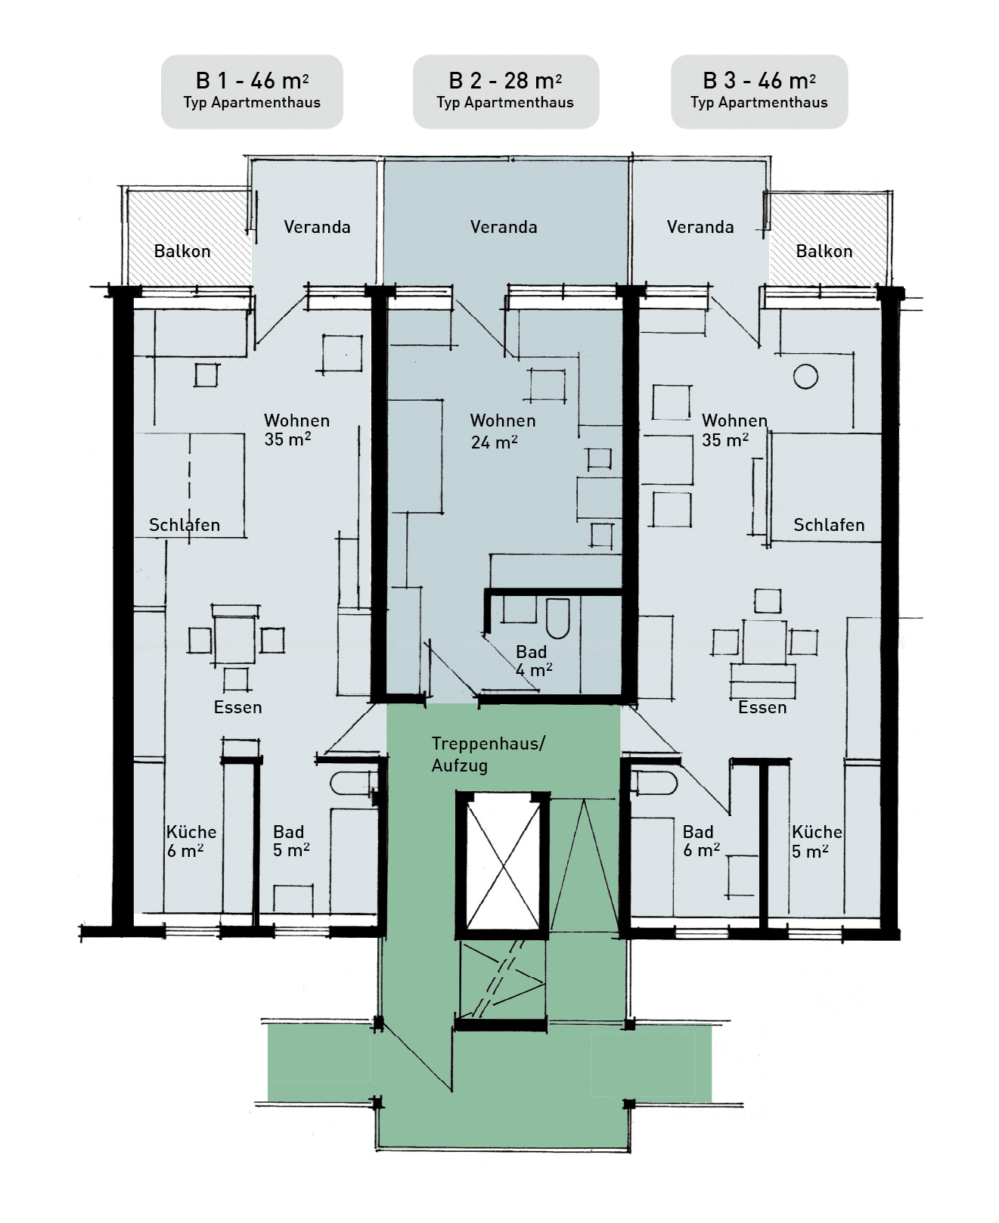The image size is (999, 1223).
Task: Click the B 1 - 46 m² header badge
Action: pyautogui.click(x=252, y=91)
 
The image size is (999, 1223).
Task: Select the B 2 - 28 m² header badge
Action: pyautogui.click(x=505, y=91)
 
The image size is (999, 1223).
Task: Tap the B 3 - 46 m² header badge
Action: pyautogui.click(x=759, y=91)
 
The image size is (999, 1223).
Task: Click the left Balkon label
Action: pyautogui.click(x=182, y=251)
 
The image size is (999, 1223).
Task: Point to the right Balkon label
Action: pyautogui.click(x=824, y=251)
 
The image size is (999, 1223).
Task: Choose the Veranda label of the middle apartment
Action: pyautogui.click(x=504, y=227)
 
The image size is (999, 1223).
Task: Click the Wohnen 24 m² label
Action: pyautogui.click(x=503, y=431)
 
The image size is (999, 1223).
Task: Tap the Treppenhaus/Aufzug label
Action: pyautogui.click(x=488, y=754)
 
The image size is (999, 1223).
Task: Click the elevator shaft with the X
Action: pyautogui.click(x=503, y=864)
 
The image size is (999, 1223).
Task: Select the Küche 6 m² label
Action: pyautogui.click(x=191, y=841)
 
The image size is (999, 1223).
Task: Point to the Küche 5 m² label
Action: pyautogui.click(x=817, y=841)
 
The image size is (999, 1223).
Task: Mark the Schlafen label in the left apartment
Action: pyautogui.click(x=185, y=525)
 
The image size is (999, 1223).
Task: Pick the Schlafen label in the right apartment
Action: pyautogui.click(x=829, y=525)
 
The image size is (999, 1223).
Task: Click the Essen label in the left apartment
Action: pyautogui.click(x=237, y=707)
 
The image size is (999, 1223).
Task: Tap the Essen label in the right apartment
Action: pyautogui.click(x=762, y=707)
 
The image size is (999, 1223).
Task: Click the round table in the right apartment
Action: pyautogui.click(x=805, y=376)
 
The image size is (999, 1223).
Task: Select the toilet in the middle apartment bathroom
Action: pyautogui.click(x=557, y=618)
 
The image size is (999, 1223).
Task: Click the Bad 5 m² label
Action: pyautogui.click(x=291, y=841)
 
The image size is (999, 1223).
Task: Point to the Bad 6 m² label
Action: pyautogui.click(x=701, y=841)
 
